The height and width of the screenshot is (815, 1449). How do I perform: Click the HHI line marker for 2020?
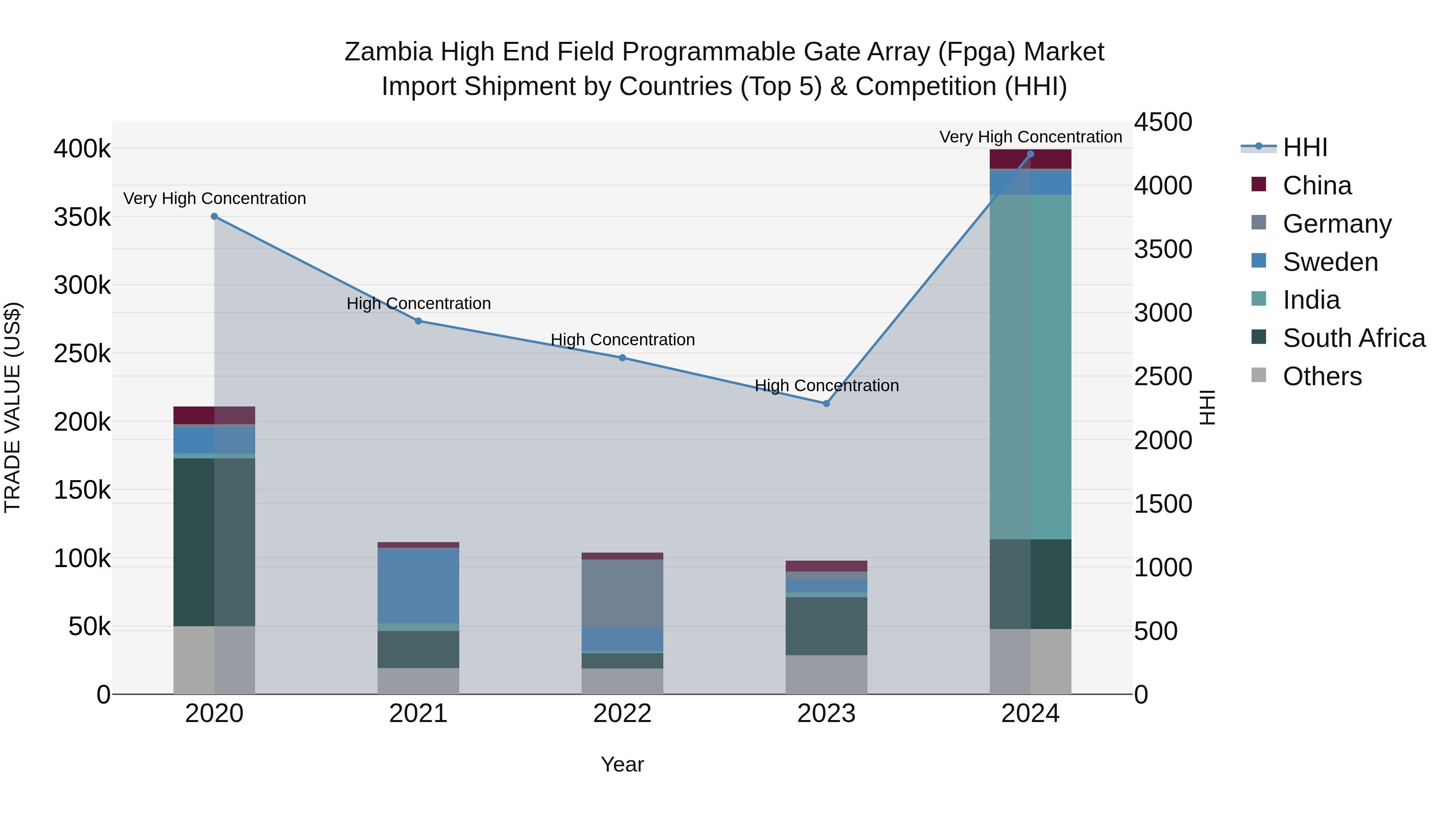pyautogui.click(x=214, y=217)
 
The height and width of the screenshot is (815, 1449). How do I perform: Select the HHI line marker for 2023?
pyautogui.click(x=826, y=404)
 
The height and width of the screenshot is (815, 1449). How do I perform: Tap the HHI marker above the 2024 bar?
pyautogui.click(x=1030, y=154)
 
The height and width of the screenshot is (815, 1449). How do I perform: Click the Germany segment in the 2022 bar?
pyautogui.click(x=622, y=593)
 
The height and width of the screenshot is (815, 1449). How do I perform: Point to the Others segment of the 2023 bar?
pyautogui.click(x=826, y=675)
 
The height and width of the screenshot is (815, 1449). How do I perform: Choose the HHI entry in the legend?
pyautogui.click(x=1305, y=147)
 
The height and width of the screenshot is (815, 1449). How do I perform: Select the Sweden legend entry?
pyautogui.click(x=1330, y=262)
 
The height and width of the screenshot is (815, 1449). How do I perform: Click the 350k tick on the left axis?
pyautogui.click(x=82, y=217)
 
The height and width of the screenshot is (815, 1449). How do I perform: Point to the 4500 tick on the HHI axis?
pyautogui.click(x=1163, y=122)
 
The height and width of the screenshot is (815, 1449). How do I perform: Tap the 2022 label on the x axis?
pyautogui.click(x=622, y=714)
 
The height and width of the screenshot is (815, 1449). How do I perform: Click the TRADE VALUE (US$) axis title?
pyautogui.click(x=12, y=407)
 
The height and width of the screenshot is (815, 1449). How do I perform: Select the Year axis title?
pyautogui.click(x=622, y=764)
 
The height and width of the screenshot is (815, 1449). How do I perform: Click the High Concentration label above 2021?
pyautogui.click(x=419, y=304)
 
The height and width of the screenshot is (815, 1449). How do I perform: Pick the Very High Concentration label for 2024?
pyautogui.click(x=1030, y=137)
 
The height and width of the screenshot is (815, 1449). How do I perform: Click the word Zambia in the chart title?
pyautogui.click(x=388, y=52)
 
